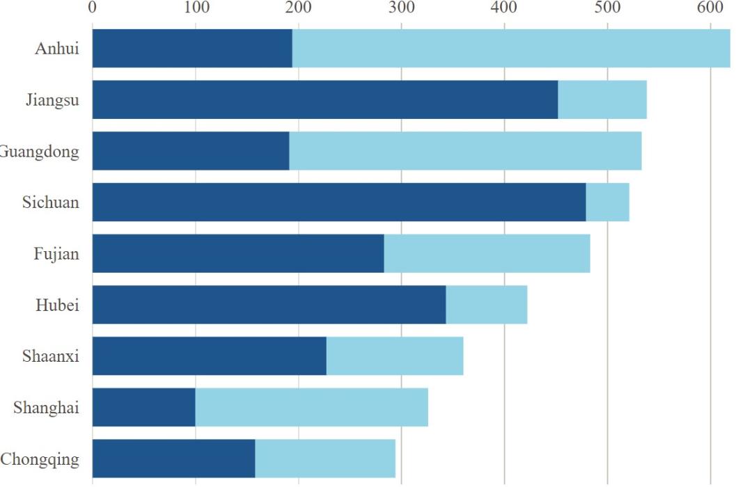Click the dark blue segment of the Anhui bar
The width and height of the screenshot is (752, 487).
pyautogui.click(x=192, y=49)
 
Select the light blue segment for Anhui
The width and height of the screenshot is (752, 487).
pyautogui.click(x=511, y=49)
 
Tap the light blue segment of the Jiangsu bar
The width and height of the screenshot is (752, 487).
pyautogui.click(x=602, y=99)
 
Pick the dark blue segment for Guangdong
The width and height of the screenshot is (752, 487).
pyautogui.click(x=191, y=151)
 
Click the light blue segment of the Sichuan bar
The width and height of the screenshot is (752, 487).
pyautogui.click(x=608, y=202)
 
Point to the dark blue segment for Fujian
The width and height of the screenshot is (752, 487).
pyautogui.click(x=238, y=253)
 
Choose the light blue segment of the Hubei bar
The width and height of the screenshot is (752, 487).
pyautogui.click(x=487, y=305)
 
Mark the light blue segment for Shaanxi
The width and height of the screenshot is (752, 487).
pyautogui.click(x=395, y=356)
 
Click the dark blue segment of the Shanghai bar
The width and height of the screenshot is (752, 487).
pyautogui.click(x=144, y=408)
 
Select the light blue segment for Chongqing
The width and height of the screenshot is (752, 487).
pyautogui.click(x=326, y=458)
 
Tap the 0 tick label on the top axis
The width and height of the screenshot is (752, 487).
pyautogui.click(x=92, y=7)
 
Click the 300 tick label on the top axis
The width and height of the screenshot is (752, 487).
pyautogui.click(x=402, y=7)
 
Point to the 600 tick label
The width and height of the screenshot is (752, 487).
pyautogui.click(x=710, y=7)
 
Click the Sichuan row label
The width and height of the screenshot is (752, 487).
pyautogui.click(x=51, y=202)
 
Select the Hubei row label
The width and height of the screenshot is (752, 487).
pyautogui.click(x=58, y=305)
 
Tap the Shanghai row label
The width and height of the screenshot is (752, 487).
pyautogui.click(x=46, y=408)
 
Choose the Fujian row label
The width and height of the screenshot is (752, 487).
pyautogui.click(x=56, y=254)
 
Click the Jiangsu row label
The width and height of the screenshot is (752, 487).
pyautogui.click(x=53, y=100)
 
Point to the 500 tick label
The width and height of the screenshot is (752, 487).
pyautogui.click(x=608, y=7)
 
